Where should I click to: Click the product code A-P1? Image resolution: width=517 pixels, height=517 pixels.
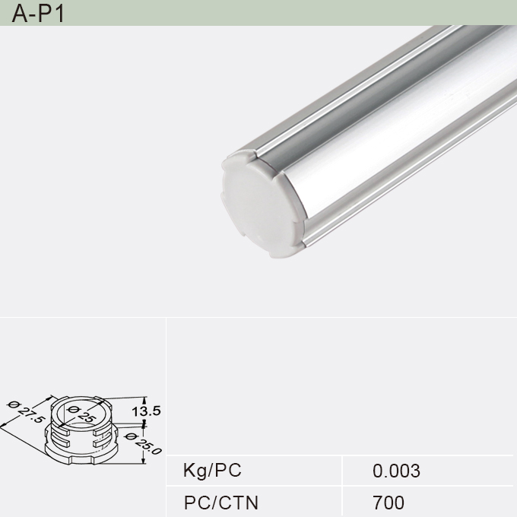point(37,13)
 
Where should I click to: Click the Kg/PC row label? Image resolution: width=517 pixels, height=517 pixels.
point(212,471)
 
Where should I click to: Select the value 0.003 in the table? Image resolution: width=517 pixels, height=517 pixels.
point(396,471)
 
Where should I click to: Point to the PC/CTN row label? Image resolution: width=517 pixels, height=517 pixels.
point(221,503)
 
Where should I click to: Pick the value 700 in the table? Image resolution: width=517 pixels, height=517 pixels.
point(389,503)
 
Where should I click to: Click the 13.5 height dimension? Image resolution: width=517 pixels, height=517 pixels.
point(146,411)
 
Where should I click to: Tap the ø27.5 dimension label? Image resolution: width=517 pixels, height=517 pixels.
point(24,416)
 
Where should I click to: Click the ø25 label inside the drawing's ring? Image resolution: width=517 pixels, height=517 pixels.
point(81,414)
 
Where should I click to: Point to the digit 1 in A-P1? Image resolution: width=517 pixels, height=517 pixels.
point(59,13)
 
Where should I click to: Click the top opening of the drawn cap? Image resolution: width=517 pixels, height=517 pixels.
point(81,416)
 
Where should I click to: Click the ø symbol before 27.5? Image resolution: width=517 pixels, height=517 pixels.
point(11,404)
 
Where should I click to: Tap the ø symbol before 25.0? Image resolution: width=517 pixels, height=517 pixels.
point(130,436)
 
